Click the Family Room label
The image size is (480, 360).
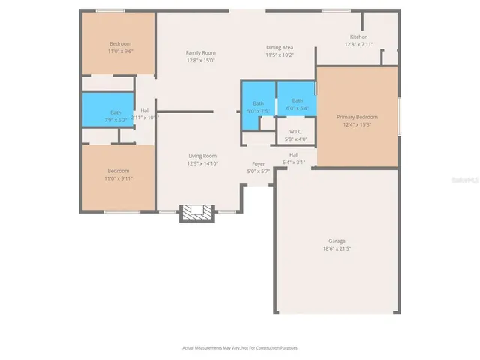[201, 52]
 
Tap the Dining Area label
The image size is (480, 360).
[280, 48]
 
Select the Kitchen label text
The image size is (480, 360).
[358, 37]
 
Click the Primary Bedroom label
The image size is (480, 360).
[357, 117]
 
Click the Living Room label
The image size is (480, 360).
[202, 156]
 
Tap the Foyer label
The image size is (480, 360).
[258, 163]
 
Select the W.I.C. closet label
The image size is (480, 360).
[295, 132]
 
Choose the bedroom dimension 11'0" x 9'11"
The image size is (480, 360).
[118, 178]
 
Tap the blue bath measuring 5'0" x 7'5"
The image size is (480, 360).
[258, 107]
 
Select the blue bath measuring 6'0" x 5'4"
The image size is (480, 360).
[298, 104]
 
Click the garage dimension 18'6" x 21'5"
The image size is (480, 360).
[335, 248]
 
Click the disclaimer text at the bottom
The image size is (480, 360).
[239, 347]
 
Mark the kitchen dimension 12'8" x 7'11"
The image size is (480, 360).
[358, 44]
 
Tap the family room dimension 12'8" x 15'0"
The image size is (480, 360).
[201, 60]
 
